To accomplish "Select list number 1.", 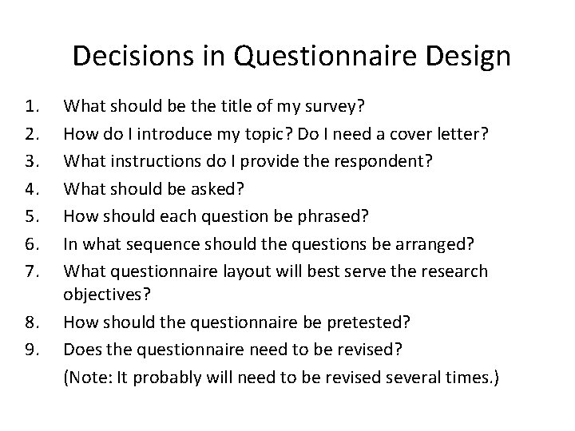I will pyautogui.click(x=33, y=105).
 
